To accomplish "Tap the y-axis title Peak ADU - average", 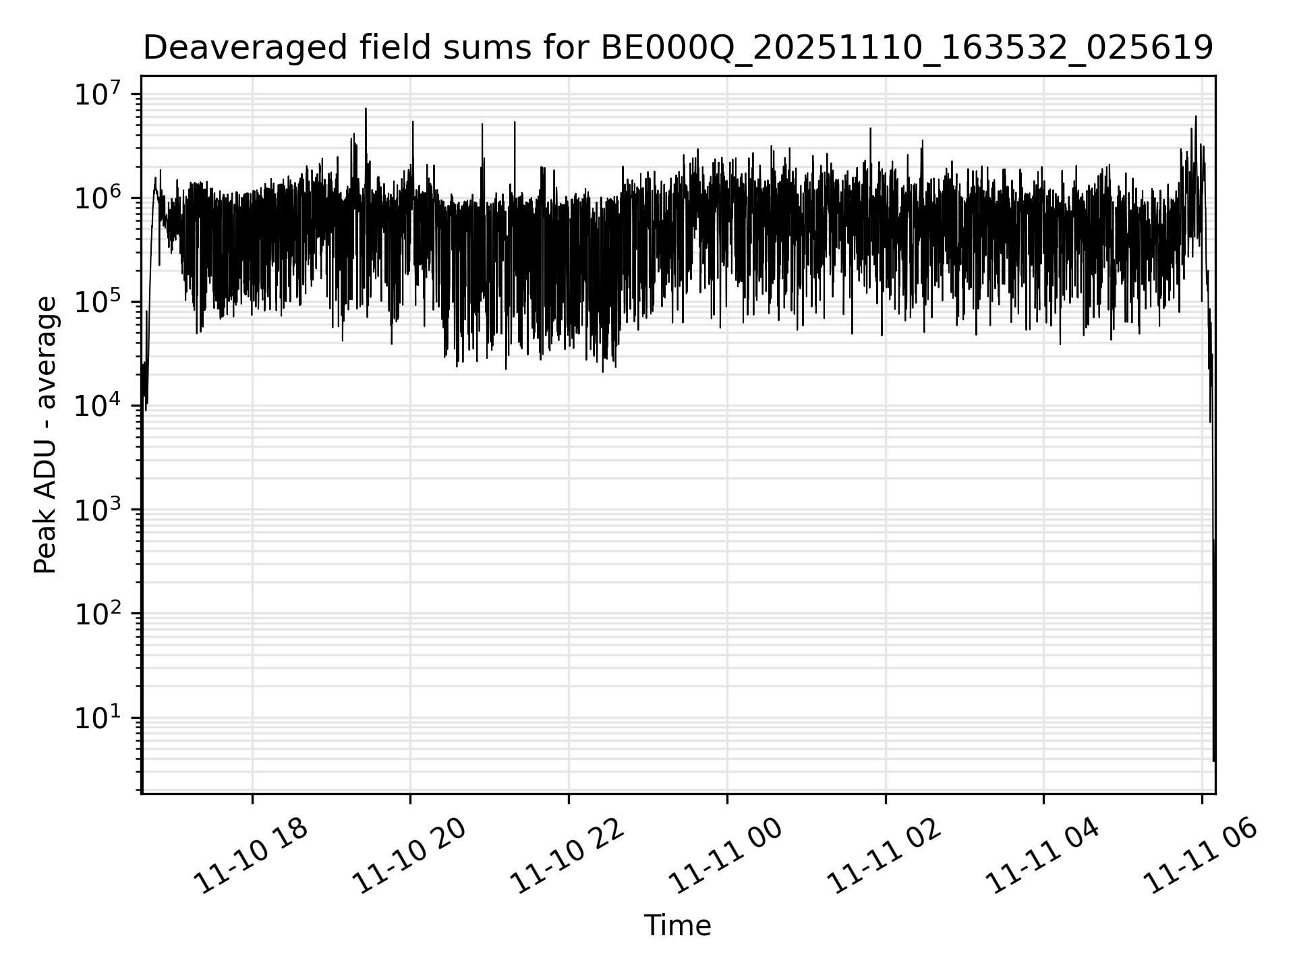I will (46, 435).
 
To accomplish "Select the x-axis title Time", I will (677, 926).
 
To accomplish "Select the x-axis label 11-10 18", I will (251, 857).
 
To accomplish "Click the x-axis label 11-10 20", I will (409, 857).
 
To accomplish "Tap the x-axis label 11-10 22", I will (568, 857).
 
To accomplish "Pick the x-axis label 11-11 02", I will (885, 857).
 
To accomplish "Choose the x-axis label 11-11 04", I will (1043, 857).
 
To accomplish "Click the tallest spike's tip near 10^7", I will (366, 109).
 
